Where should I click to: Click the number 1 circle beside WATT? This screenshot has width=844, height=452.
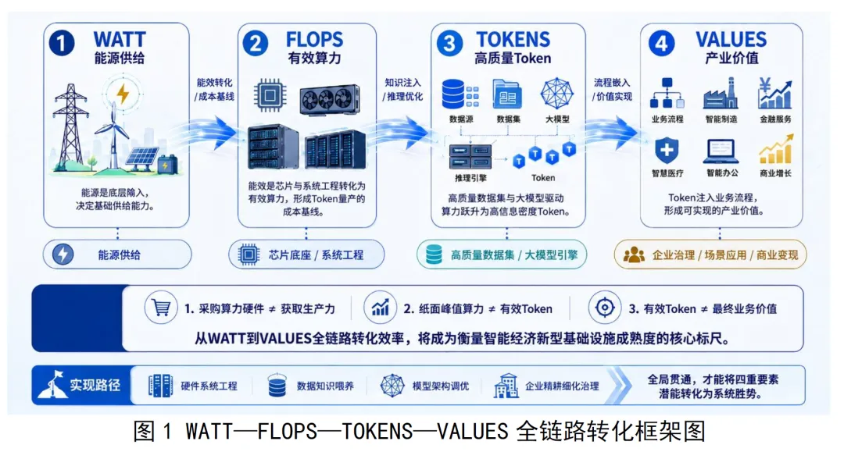pyautogui.click(x=62, y=43)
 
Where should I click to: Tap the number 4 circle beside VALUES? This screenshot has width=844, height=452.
pyautogui.click(x=662, y=43)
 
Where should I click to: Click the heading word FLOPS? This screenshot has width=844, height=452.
pyautogui.click(x=314, y=39)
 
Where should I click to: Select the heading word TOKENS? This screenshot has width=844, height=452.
pyautogui.click(x=513, y=39)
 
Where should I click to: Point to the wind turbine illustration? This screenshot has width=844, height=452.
pyautogui.click(x=113, y=134)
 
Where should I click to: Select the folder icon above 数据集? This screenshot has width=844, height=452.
pyautogui.click(x=507, y=94)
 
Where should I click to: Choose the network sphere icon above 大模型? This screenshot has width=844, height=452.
pyautogui.click(x=556, y=94)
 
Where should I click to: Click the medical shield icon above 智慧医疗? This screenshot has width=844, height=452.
pyautogui.click(x=667, y=150)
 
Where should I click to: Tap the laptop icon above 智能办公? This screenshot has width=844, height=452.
pyautogui.click(x=721, y=151)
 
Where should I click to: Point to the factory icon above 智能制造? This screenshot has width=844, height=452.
pyautogui.click(x=721, y=94)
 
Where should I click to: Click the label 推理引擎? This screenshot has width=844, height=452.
pyautogui.click(x=470, y=178)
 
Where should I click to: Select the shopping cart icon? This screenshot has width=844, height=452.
pyautogui.click(x=161, y=308)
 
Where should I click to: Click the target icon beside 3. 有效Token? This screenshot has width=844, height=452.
pyautogui.click(x=604, y=308)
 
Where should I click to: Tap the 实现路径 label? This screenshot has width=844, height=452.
pyautogui.click(x=95, y=386)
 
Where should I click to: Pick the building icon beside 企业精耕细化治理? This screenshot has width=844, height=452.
pyautogui.click(x=506, y=386)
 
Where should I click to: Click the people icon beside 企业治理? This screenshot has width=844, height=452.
pyautogui.click(x=634, y=254)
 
